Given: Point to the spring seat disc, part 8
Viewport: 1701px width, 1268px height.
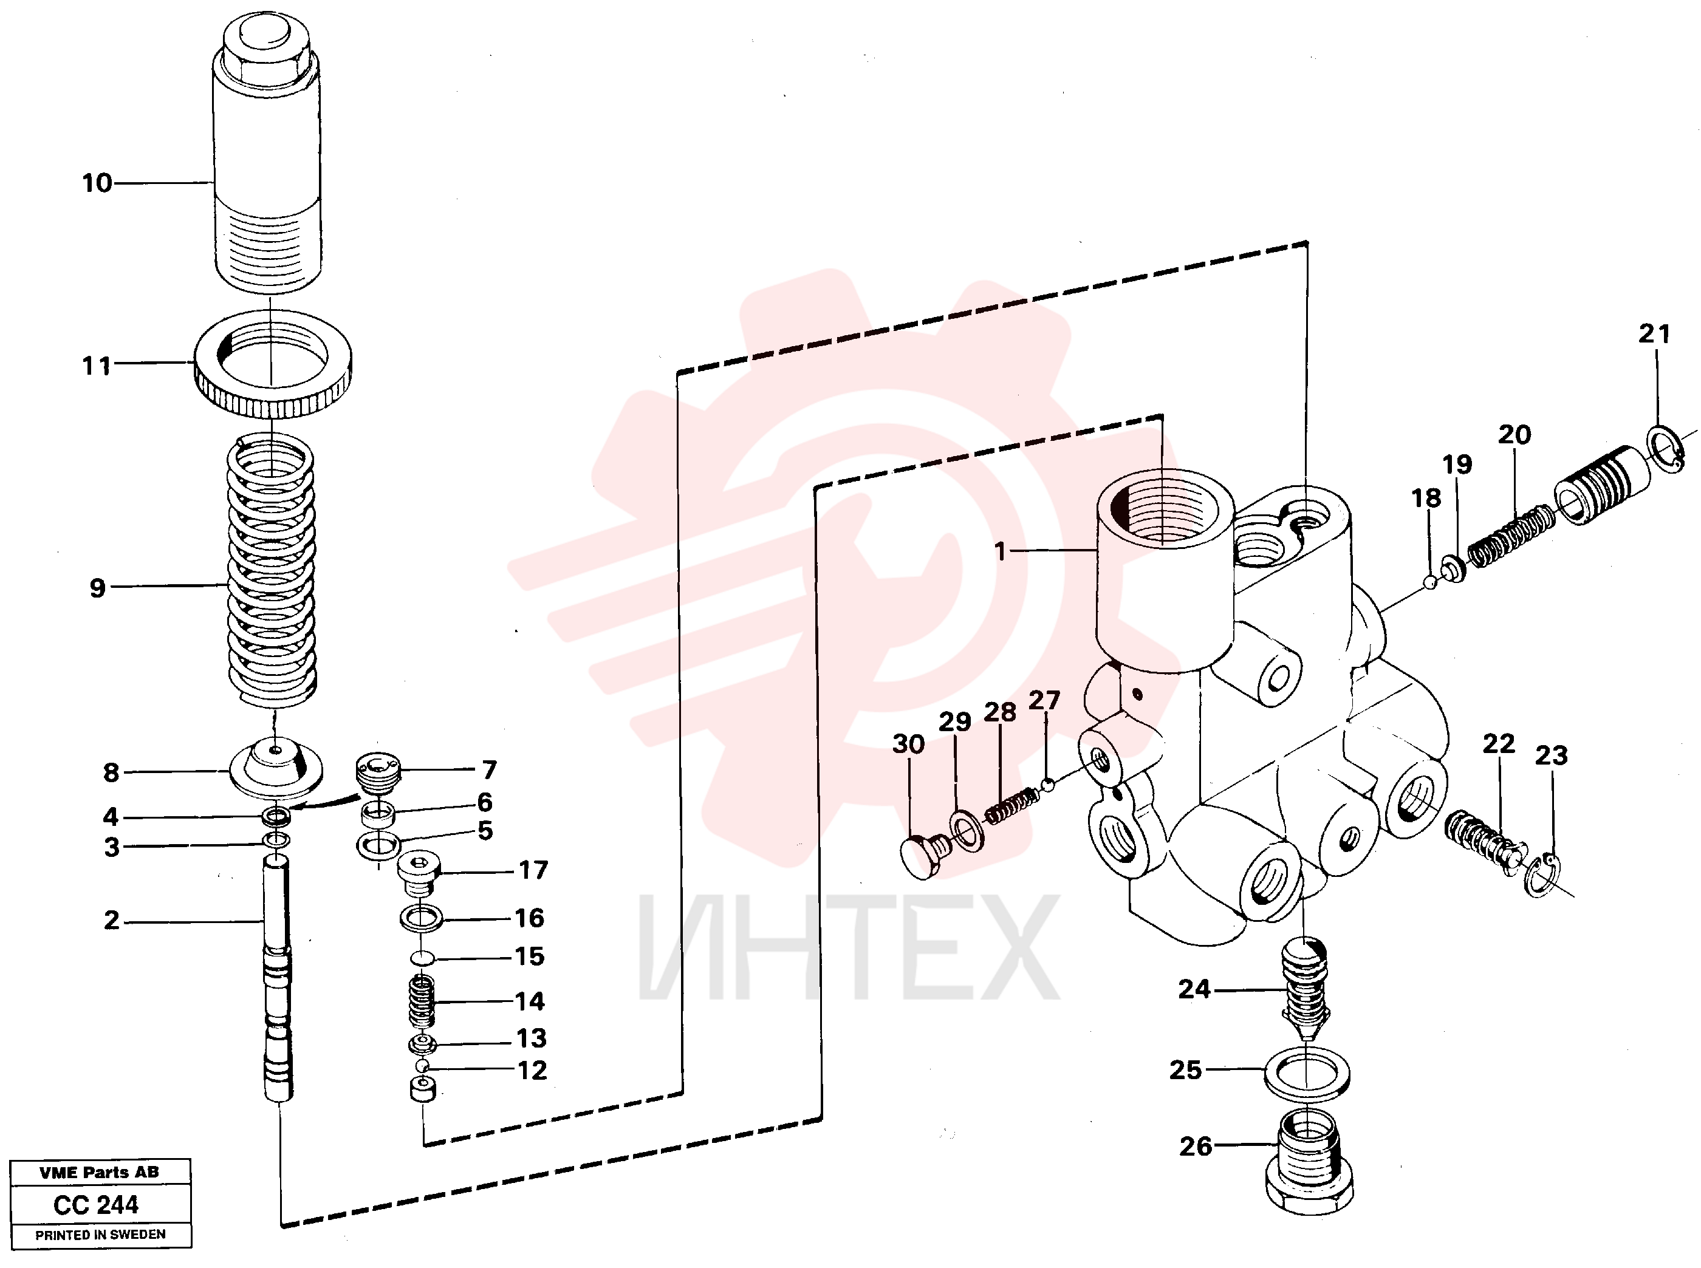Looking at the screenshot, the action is pos(276,771).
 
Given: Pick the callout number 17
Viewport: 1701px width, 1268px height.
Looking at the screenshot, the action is pos(533,870).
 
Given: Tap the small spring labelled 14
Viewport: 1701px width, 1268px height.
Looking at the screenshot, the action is pos(421,1001).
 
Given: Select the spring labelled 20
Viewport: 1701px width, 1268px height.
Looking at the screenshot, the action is pos(1511,535).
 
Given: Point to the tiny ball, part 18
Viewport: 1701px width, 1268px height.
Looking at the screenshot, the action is pos(1429,582).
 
